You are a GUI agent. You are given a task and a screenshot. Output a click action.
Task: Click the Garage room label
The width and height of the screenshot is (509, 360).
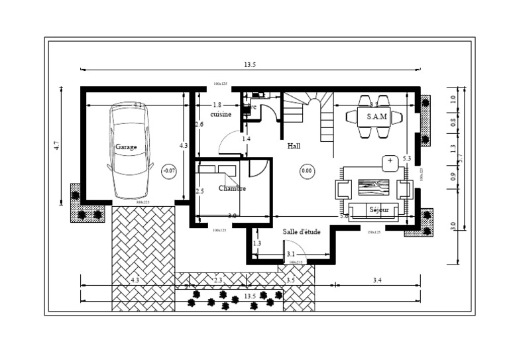point(126,147)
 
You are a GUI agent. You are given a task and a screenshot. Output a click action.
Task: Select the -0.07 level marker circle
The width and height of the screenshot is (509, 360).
point(170,170)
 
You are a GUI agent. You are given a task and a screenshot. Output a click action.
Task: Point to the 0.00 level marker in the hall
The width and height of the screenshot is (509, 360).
point(307,170)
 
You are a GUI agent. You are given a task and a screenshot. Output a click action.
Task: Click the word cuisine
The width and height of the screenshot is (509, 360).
point(221,114)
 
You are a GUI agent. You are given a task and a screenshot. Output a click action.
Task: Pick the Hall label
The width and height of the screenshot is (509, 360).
point(294,146)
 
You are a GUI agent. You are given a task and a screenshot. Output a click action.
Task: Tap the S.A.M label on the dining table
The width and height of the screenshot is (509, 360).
point(376,117)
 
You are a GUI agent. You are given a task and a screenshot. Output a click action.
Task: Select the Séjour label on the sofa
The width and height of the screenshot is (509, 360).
point(379,210)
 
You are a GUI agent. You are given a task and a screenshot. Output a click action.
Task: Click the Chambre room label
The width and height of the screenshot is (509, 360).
point(232,188)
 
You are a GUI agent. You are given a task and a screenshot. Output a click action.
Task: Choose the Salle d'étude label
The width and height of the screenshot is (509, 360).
point(302,231)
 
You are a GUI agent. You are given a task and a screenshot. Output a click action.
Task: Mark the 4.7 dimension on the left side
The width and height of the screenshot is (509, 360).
point(57,145)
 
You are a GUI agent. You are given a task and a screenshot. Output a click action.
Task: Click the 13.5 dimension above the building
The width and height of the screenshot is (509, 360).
point(250,65)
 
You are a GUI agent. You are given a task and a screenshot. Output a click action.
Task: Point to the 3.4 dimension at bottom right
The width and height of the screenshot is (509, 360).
point(377,280)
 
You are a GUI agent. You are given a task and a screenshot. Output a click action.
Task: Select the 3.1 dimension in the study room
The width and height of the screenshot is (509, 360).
point(290,254)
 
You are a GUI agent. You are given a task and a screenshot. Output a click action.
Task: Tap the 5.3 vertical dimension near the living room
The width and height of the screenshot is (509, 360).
point(406,158)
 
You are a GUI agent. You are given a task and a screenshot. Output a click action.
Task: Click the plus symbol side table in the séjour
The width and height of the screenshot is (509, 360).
point(390,161)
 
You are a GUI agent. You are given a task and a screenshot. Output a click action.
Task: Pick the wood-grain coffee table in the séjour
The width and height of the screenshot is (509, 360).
point(374,187)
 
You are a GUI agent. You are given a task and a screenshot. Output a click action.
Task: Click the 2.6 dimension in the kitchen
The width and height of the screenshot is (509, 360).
point(199,124)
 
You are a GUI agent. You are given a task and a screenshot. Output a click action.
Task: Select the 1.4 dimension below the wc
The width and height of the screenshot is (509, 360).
point(246,139)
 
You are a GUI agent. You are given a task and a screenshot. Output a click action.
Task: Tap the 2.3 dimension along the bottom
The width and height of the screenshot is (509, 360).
point(218,280)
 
